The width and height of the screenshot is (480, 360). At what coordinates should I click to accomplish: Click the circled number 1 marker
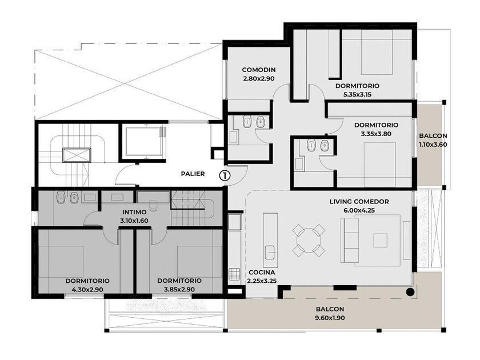click(x=225, y=175)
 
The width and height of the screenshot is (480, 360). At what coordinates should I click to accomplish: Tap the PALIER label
click(x=193, y=174)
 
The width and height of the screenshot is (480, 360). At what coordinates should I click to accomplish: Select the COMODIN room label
click(x=259, y=70)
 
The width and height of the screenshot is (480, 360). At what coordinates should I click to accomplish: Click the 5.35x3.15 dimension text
click(x=357, y=95)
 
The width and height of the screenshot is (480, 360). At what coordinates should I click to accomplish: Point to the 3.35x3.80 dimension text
click(x=376, y=134)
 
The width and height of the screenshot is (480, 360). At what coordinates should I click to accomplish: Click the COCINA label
click(x=262, y=272)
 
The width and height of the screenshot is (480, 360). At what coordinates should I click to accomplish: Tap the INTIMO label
click(x=134, y=212)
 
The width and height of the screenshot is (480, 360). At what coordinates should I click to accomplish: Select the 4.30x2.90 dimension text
click(x=87, y=290)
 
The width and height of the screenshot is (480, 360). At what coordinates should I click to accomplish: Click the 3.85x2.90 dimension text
click(x=179, y=290)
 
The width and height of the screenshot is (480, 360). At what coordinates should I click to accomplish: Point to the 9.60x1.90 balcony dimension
click(x=330, y=318)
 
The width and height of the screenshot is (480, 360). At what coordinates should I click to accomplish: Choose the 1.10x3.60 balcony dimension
click(x=433, y=145)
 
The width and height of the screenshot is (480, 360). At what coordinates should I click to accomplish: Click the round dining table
click(x=309, y=240)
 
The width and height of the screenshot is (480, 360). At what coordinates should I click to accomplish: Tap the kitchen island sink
click(x=270, y=252)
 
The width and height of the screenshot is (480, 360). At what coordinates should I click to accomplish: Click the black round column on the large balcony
click(x=410, y=292)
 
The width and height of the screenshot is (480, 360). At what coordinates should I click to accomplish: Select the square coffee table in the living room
click(x=380, y=241)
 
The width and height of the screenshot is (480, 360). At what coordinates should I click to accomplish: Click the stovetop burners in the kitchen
click(x=235, y=274)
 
